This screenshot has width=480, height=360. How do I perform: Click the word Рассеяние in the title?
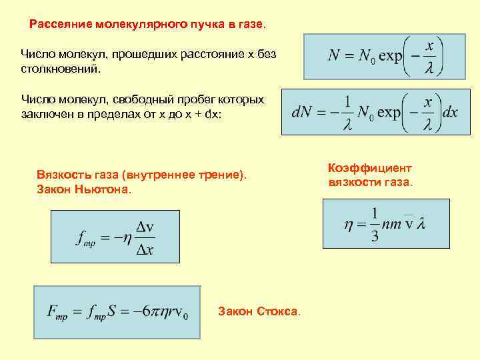click(x=61, y=25)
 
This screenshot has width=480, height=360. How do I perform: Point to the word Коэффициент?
click(x=371, y=168)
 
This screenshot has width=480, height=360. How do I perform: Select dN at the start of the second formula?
click(x=303, y=112)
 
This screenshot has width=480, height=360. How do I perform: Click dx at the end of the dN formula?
click(x=450, y=112)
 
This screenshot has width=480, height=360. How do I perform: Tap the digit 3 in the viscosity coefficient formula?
click(x=375, y=236)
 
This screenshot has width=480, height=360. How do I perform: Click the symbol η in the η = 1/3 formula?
click(x=349, y=225)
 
